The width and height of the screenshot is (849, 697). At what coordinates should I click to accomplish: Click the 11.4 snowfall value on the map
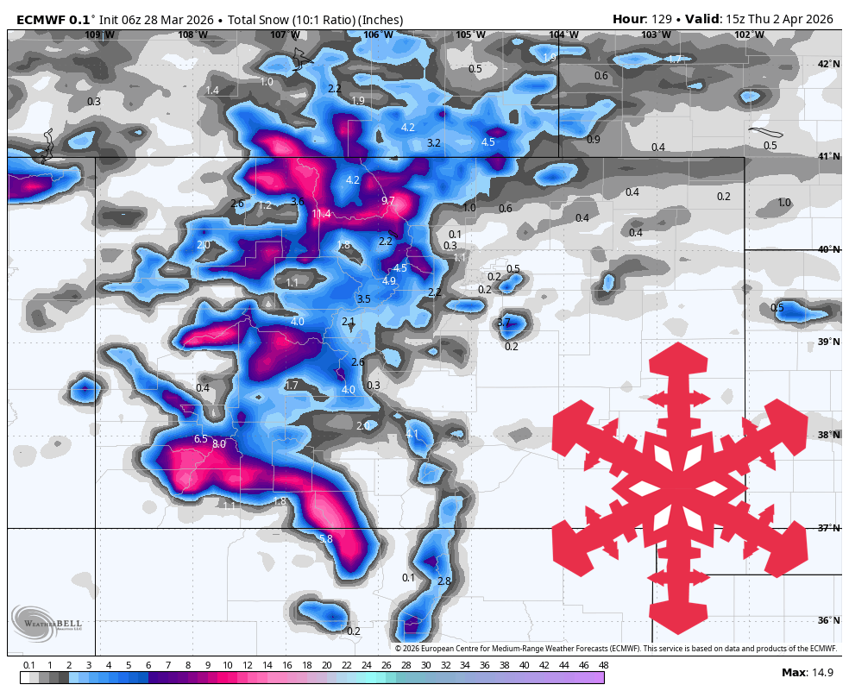[x=321, y=214]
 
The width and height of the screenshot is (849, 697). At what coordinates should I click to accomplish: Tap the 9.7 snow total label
[x=387, y=201]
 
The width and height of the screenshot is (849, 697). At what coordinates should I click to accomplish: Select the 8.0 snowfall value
[x=218, y=443]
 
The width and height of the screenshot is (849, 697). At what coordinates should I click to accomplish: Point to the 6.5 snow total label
[x=200, y=439]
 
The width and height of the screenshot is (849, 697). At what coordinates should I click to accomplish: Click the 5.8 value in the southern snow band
[x=325, y=539]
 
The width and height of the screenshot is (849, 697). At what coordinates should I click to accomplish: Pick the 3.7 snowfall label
[x=504, y=323]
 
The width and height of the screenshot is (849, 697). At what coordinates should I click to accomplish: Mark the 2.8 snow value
[x=443, y=581]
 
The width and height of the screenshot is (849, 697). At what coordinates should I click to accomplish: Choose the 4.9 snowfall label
[x=388, y=281]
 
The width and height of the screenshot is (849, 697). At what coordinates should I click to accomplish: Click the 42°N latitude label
[x=828, y=64]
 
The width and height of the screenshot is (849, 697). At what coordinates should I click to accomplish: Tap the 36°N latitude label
[x=828, y=620]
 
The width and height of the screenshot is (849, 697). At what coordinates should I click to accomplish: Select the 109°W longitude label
[x=99, y=35]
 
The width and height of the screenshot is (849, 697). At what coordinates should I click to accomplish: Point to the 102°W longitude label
[x=749, y=35]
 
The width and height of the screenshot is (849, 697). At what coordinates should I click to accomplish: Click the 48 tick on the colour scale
[x=603, y=665]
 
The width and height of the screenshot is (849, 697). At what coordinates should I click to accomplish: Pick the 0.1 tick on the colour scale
[x=28, y=665]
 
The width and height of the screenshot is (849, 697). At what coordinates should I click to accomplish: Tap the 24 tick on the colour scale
[x=366, y=665]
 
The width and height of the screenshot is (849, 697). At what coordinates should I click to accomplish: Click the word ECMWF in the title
[x=40, y=19]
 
